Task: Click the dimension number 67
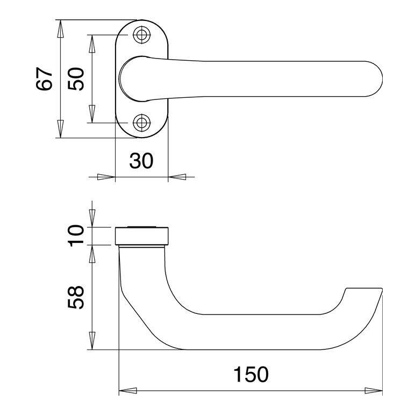(x=45, y=79)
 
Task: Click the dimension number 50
(x=76, y=79)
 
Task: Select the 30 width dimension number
(x=141, y=161)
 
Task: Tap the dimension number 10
(x=76, y=236)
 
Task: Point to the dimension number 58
(x=76, y=297)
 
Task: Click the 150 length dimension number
(x=251, y=374)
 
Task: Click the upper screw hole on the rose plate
(x=141, y=34)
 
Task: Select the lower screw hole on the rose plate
(x=141, y=123)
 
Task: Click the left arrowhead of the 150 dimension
(x=128, y=391)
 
